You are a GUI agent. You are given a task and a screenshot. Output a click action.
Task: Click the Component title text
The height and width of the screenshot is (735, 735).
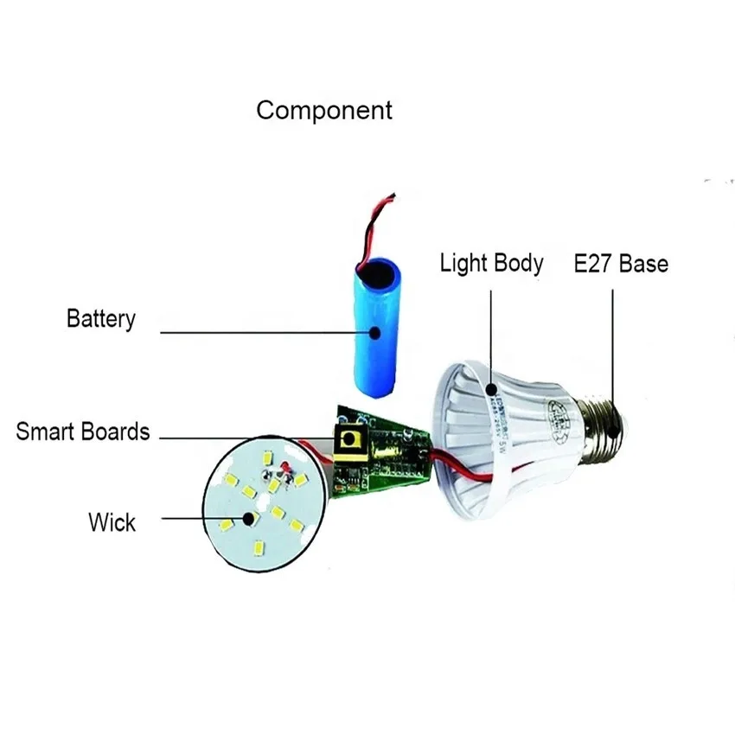tap(324, 111)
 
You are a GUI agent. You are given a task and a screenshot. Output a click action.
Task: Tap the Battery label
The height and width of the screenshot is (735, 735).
tap(101, 318)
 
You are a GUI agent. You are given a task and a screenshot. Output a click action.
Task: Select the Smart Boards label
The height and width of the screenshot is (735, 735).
tap(83, 431)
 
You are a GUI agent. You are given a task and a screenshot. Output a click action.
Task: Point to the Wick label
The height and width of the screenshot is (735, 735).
tap(112, 521)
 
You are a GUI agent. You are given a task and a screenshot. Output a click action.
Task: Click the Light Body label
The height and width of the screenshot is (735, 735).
tap(491, 263)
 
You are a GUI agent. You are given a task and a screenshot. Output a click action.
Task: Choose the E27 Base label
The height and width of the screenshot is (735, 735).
tap(621, 263)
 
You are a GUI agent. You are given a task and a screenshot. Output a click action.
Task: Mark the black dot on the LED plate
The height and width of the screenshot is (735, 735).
tap(250, 520)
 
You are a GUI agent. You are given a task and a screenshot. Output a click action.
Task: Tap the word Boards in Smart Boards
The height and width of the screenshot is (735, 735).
tap(116, 431)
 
